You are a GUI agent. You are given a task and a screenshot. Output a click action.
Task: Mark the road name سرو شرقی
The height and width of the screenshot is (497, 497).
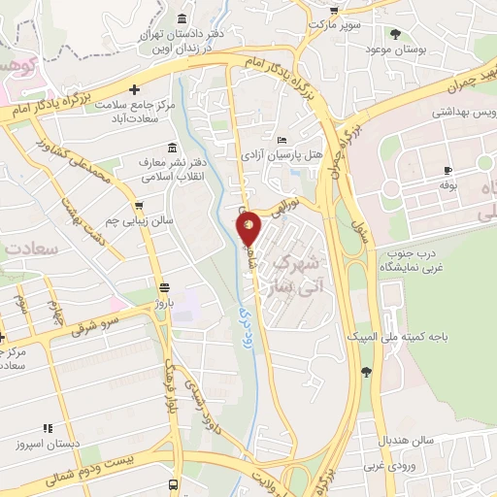click(94, 324)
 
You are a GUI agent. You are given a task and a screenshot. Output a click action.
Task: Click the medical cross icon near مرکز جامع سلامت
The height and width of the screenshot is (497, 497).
click(148, 90)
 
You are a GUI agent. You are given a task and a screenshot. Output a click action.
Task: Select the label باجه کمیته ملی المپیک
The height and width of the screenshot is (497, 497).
click(399, 336)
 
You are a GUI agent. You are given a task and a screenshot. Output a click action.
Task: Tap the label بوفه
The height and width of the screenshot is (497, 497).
click(447, 182)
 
